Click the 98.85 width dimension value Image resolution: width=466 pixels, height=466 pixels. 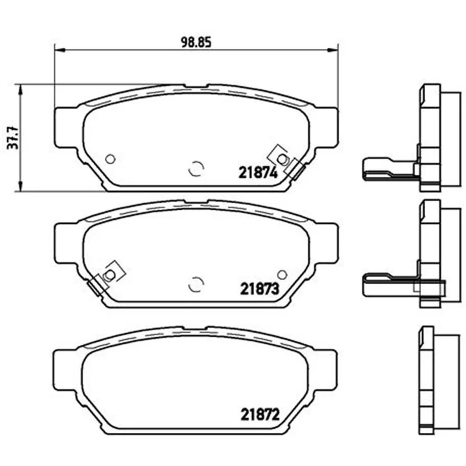pos(196,43)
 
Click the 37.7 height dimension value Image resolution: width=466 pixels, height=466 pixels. pos(13,138)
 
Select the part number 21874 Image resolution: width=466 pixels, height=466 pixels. pos(258,172)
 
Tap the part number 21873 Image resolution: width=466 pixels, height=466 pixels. pos(259,288)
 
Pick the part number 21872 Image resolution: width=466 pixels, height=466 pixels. pos(260,414)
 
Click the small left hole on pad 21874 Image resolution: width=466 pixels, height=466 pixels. pos(111,159)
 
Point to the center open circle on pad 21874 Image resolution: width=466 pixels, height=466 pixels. pos(196,168)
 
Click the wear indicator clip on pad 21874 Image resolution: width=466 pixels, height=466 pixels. pos(286,162)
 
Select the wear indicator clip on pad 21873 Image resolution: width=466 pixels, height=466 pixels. pos(106,278)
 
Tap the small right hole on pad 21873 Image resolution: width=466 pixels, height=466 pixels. pos(282,274)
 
